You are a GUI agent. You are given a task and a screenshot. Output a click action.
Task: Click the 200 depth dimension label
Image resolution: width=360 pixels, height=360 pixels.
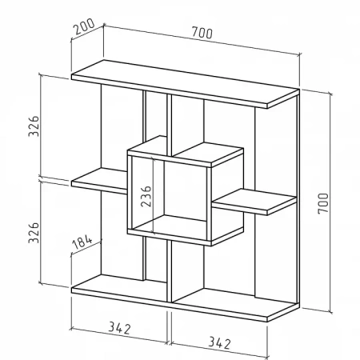pyautogui.click(x=84, y=26)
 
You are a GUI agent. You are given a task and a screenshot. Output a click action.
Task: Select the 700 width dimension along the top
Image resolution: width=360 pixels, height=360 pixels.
pyautogui.click(x=202, y=33)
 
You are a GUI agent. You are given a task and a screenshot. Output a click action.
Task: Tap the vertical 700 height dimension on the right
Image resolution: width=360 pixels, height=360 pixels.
pyautogui.click(x=323, y=203)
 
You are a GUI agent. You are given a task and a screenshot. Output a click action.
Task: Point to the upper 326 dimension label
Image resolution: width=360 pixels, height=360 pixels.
pyautogui.click(x=34, y=126)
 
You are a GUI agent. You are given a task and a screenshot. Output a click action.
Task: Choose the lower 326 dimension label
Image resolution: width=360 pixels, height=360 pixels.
pyautogui.click(x=34, y=233)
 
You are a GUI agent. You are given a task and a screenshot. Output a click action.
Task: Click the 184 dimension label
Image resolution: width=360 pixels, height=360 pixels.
pyautogui.click(x=82, y=242)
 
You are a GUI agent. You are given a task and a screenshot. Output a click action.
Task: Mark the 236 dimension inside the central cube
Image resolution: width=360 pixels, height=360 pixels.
pyautogui.click(x=146, y=196)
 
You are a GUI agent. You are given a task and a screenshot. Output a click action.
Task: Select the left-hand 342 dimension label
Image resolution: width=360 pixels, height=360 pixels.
pyautogui.click(x=120, y=328)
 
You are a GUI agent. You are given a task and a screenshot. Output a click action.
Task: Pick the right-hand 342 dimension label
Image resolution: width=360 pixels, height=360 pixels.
pyautogui.click(x=219, y=343)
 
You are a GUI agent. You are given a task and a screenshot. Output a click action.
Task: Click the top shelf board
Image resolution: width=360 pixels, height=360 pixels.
pyautogui.click(x=185, y=84)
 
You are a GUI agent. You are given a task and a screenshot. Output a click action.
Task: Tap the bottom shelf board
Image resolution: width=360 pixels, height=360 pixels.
pyautogui.click(x=184, y=298)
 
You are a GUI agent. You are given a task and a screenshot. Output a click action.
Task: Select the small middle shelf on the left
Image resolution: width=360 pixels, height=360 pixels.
pyautogui.click(x=99, y=181)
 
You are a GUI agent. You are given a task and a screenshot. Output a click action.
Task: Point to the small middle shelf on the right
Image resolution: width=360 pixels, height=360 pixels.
pyautogui.click(x=254, y=202)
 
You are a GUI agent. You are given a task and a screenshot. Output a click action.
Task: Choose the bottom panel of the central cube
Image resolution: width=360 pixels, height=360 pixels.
pyautogui.click(x=186, y=230)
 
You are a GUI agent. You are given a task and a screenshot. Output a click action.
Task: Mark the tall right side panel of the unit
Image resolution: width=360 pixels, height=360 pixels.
pyautogui.click(x=298, y=199)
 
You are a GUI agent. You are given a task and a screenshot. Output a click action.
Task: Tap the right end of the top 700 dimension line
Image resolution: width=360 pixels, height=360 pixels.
pyautogui.click(x=300, y=55)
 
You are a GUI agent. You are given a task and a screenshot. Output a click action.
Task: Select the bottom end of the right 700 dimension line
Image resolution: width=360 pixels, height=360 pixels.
pyautogui.click(x=330, y=311)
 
